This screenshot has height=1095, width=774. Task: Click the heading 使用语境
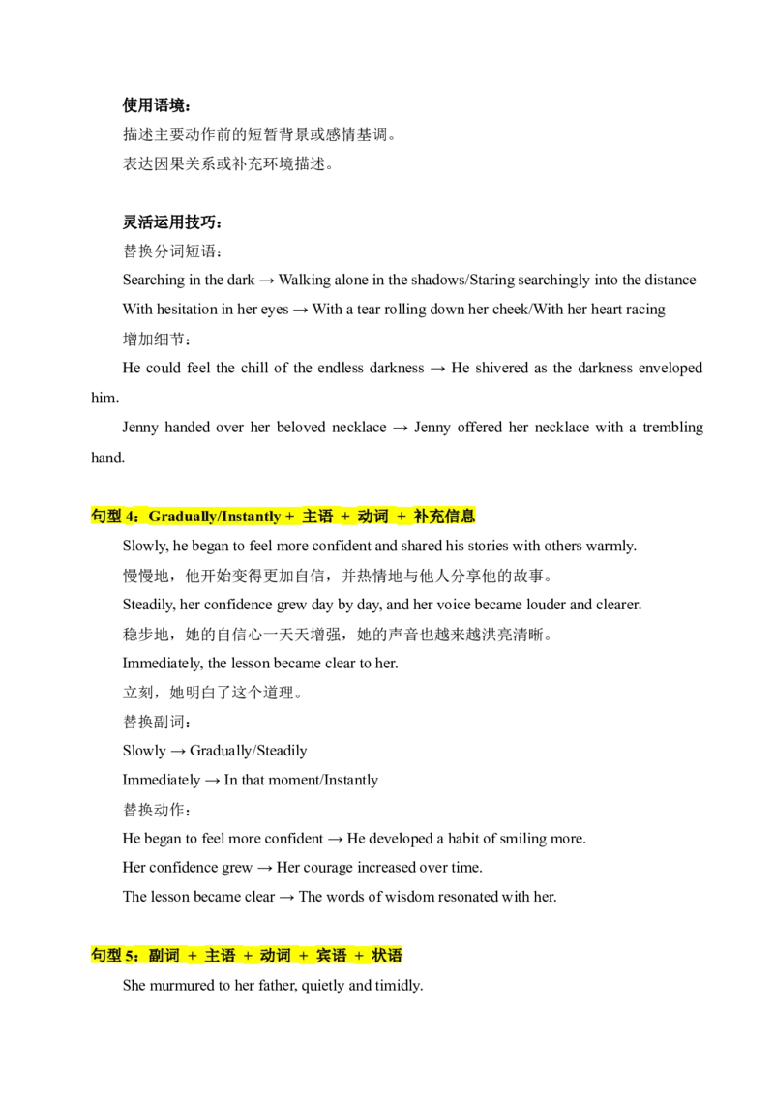153,105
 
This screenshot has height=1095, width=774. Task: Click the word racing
644,310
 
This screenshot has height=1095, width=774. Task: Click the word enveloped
670,368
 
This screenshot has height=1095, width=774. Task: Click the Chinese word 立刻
137,693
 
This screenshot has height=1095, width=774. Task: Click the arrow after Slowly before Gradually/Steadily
178,752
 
